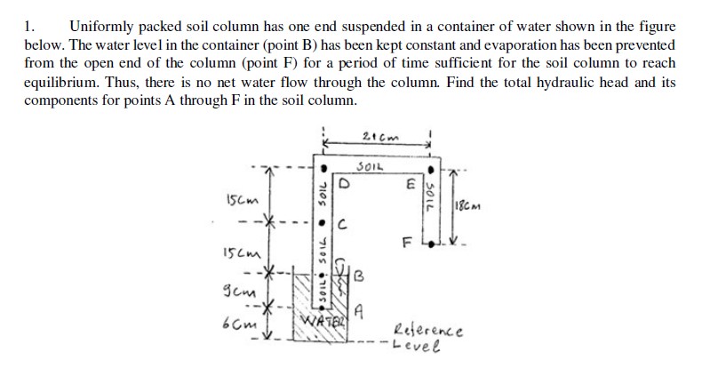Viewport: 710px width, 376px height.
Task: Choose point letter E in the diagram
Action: pos(411,187)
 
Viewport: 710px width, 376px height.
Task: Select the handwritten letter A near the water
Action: pos(359,310)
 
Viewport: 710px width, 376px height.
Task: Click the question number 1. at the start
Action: pos(28,28)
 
